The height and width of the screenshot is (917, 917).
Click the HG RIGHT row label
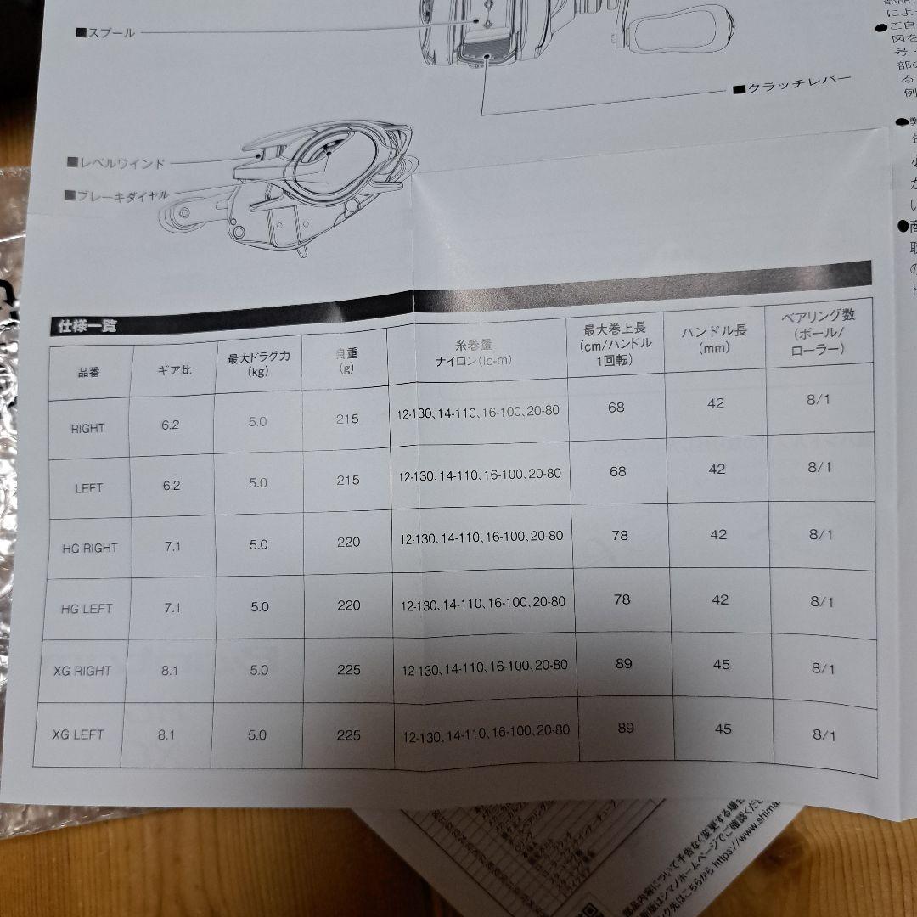click(x=89, y=548)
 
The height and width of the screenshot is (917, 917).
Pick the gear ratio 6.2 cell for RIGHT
click(x=171, y=425)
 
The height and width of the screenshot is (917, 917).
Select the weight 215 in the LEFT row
click(x=348, y=480)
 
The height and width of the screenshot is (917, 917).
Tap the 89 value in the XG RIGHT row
click(x=624, y=663)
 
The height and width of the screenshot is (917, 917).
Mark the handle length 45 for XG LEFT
click(x=723, y=729)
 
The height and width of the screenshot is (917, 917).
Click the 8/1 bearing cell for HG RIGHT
click(x=820, y=534)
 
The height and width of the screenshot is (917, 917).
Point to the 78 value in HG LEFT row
click(x=622, y=599)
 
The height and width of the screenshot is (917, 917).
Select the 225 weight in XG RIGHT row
click(x=348, y=670)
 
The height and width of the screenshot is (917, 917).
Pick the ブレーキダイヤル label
click(x=122, y=194)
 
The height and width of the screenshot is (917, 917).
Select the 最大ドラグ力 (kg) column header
click(x=258, y=363)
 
